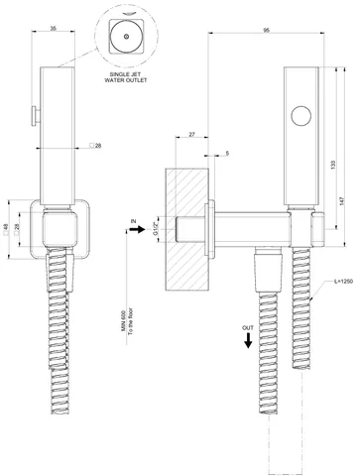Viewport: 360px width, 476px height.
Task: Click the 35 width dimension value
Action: point(54,29)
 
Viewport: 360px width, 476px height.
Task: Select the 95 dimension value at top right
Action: point(266,30)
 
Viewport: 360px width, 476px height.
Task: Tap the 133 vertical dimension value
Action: point(333,164)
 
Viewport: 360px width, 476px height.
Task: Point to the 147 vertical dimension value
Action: point(342,201)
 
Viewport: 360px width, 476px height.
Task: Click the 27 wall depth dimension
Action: point(191,134)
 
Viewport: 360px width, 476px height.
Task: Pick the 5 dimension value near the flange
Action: point(227,153)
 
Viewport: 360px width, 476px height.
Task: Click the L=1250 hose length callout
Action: point(343,282)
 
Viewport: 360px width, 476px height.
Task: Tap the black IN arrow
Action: point(137,229)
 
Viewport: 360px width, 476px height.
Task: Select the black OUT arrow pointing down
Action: point(248,340)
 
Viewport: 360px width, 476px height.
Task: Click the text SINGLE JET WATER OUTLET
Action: point(126,77)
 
